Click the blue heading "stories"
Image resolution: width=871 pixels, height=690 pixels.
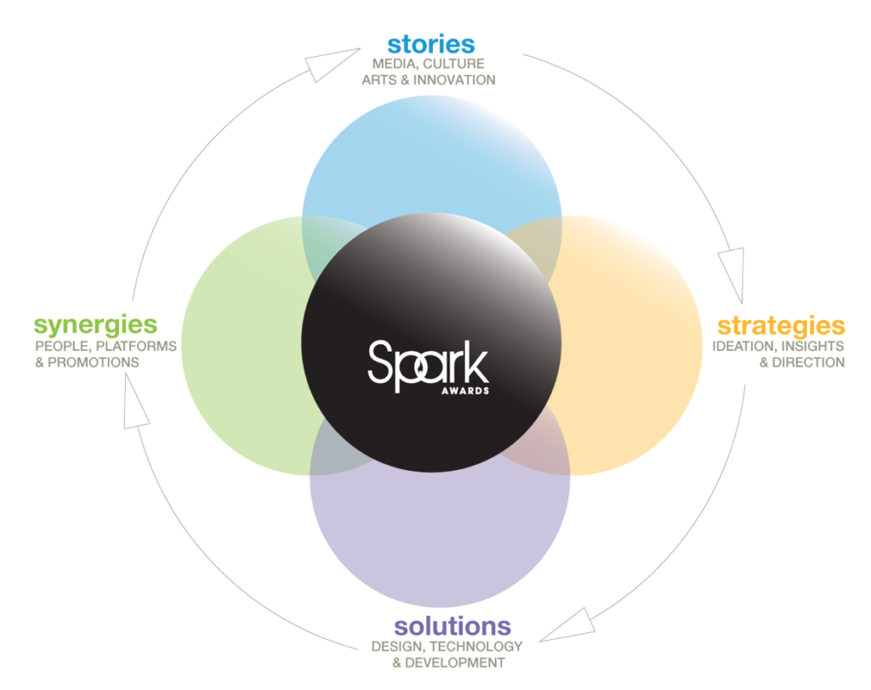click(x=431, y=44)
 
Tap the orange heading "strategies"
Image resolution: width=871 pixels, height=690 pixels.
click(x=781, y=326)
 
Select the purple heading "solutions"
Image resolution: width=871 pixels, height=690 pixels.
click(x=453, y=626)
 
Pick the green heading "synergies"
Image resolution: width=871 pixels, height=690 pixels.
click(x=95, y=325)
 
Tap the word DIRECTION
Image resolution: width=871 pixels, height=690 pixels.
click(x=808, y=363)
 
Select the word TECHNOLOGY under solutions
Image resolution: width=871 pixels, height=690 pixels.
click(x=476, y=647)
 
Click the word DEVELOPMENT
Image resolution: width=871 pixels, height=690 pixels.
click(x=455, y=663)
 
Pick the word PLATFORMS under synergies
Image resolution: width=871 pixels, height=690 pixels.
click(x=136, y=347)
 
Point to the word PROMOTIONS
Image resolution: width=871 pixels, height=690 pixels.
click(x=94, y=363)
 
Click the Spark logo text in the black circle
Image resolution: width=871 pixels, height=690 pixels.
click(x=429, y=365)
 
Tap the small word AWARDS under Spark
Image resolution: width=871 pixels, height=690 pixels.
click(x=465, y=391)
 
